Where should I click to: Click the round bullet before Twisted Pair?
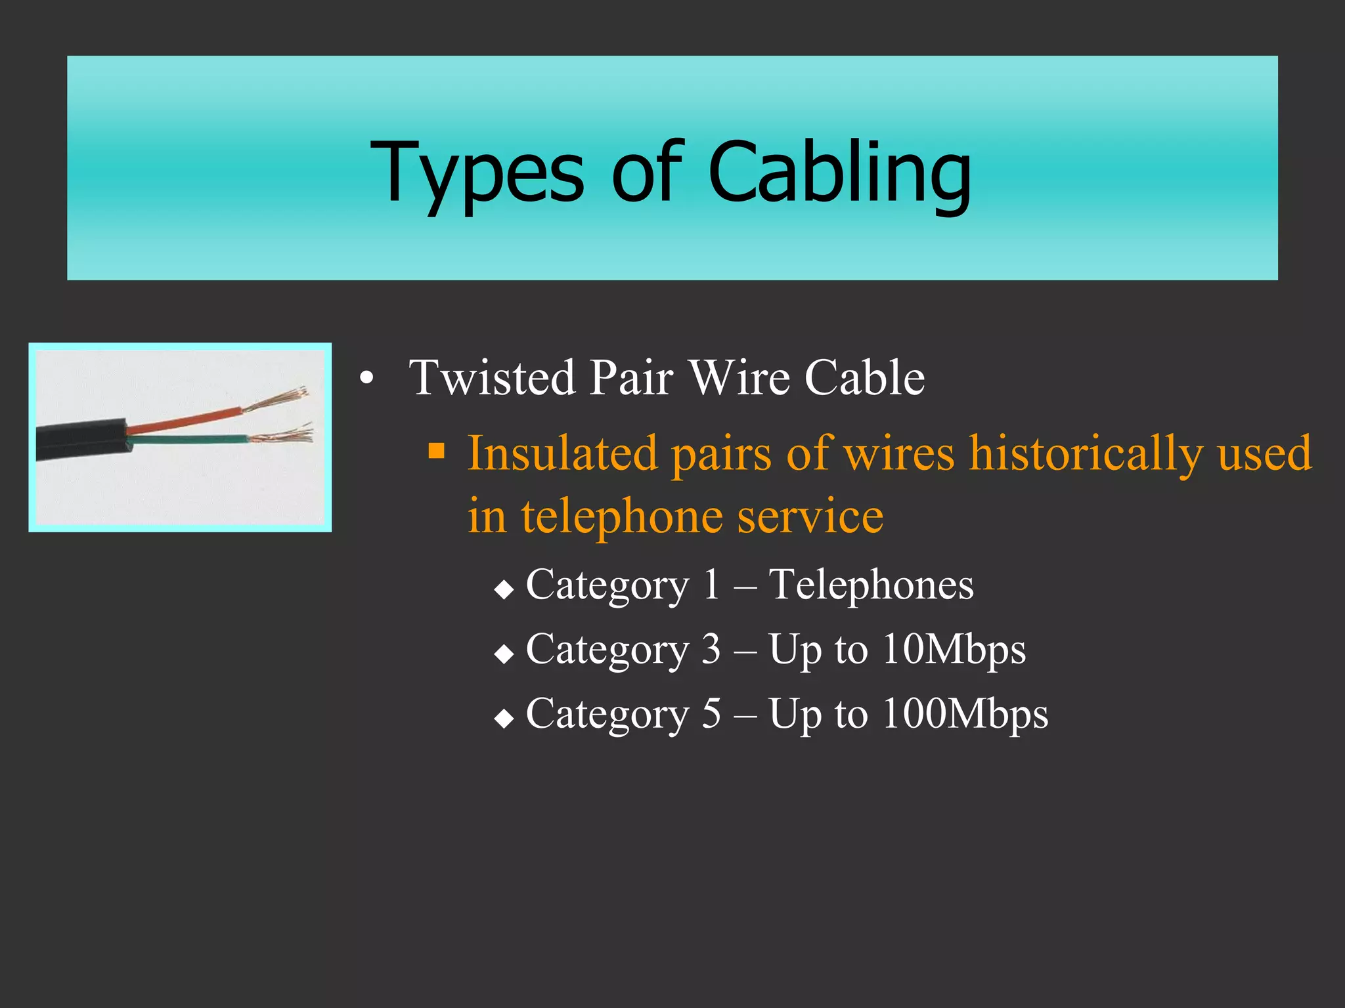[366, 379]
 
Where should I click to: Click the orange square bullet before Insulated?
[437, 451]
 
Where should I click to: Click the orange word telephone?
[621, 516]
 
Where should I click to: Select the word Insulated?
[562, 453]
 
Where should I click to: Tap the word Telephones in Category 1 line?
[871, 585]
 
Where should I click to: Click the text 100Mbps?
[965, 713]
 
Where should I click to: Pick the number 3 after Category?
[711, 649]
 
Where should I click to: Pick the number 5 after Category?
[711, 713]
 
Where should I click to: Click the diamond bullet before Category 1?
[504, 589]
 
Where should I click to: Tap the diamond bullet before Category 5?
[504, 718]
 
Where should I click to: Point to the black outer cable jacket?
[79, 440]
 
